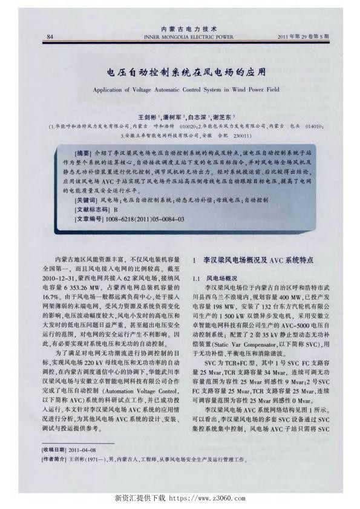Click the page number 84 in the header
[x=48, y=36]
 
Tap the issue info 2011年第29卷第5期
[x=303, y=36]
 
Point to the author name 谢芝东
[x=225, y=116]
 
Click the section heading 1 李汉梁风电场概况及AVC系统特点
[x=253, y=260]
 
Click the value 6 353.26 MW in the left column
[x=86, y=288]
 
